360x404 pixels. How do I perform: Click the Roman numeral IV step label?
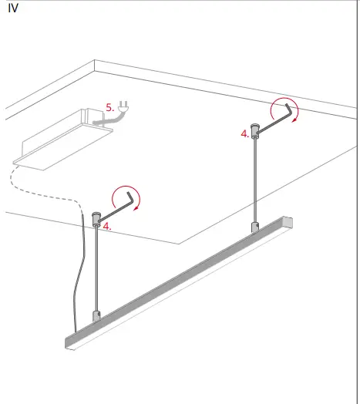13,8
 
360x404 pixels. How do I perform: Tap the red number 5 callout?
110,108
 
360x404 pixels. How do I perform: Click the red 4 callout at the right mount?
244,133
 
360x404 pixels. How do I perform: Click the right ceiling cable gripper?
254,128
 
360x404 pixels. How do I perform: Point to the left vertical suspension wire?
97,270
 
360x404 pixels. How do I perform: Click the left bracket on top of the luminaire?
96,315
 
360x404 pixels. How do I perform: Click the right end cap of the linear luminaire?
291,223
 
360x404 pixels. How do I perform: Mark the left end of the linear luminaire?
68,342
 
